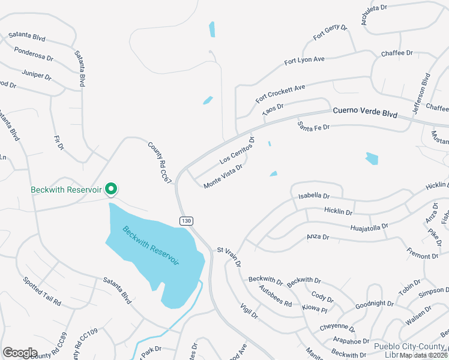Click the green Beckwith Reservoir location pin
111,189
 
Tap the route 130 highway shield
186,221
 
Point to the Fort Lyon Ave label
304,59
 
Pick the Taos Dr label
273,109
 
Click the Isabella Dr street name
314,196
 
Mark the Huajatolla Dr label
369,227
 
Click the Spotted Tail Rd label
42,292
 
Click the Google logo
20,353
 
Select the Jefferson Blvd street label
421,92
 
